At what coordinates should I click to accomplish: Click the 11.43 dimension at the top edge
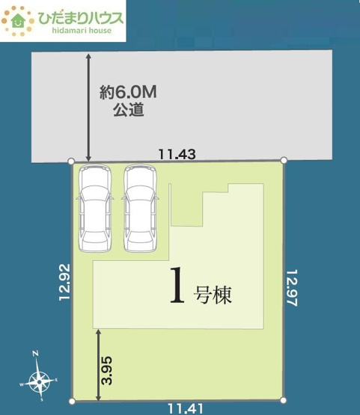(x=177, y=154)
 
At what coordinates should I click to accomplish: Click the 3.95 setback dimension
(x=107, y=370)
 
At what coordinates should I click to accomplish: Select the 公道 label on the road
(x=128, y=110)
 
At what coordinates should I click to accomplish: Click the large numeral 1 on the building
(x=178, y=286)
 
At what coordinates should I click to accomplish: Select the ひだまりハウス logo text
(x=78, y=16)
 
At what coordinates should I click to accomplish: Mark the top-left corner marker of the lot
(x=71, y=161)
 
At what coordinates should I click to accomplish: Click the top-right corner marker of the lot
(x=284, y=160)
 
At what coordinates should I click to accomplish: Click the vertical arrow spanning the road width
(x=89, y=106)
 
